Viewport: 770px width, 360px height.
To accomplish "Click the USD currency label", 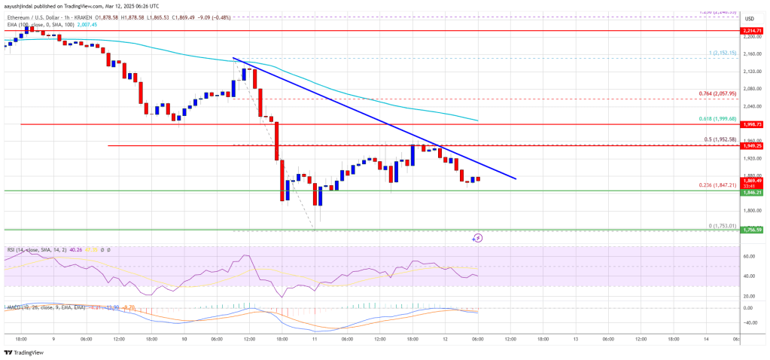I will point(750,18).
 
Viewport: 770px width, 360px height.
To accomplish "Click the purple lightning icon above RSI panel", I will point(477,237).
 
